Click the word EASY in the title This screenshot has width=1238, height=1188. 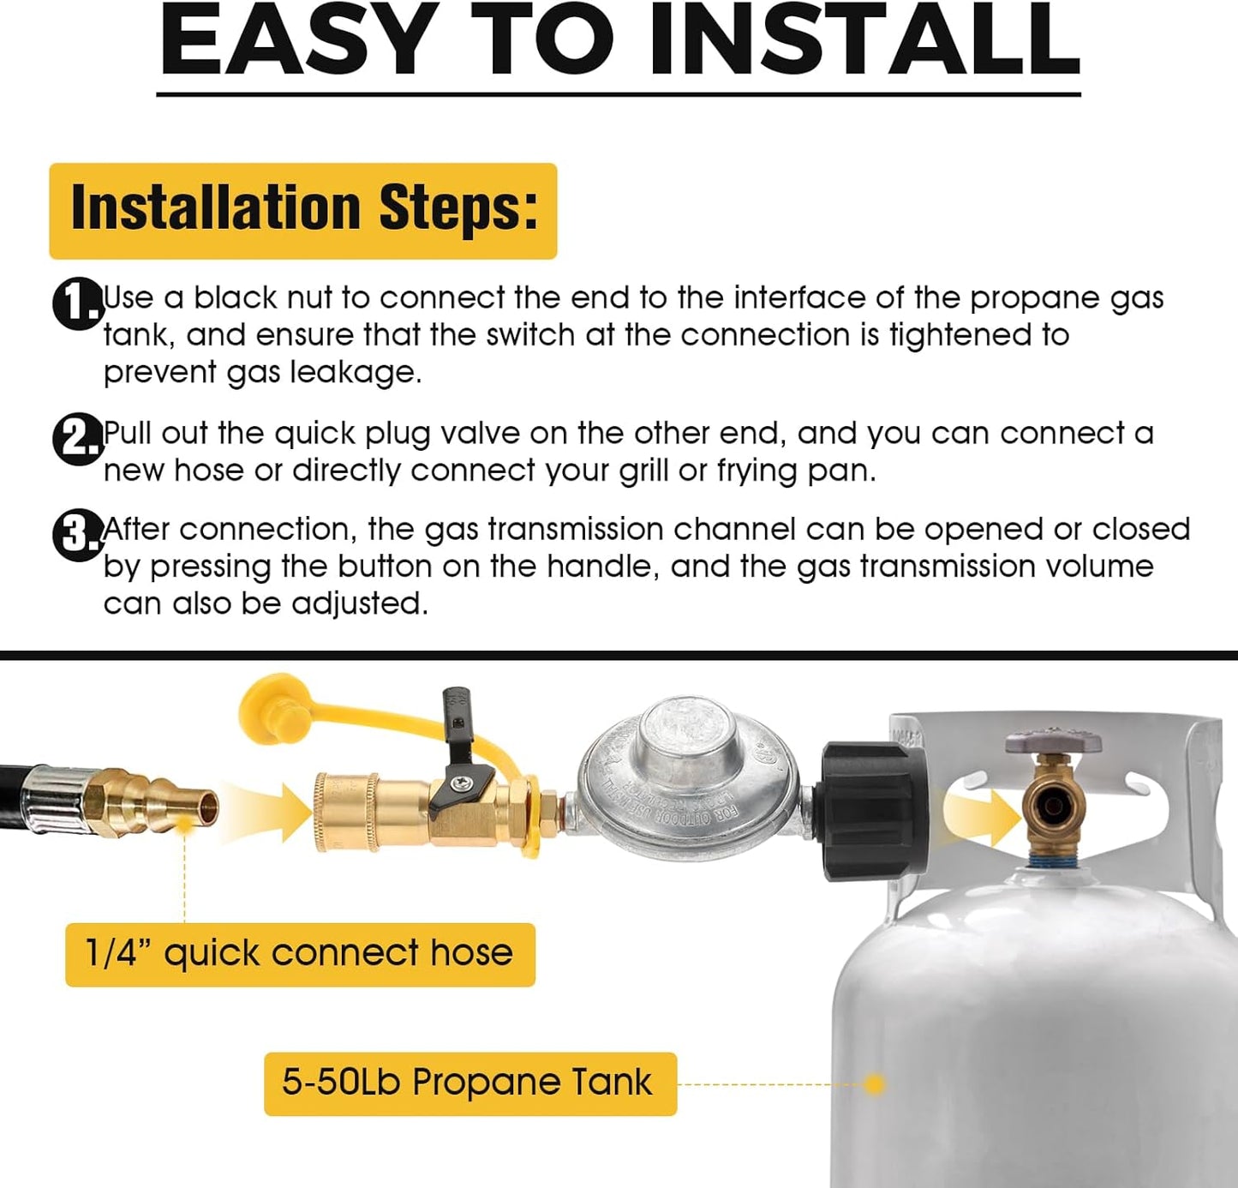coord(296,39)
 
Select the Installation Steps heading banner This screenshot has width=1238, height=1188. coord(303,211)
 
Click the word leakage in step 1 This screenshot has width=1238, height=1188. coord(356,373)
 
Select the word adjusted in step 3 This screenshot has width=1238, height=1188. coord(360,603)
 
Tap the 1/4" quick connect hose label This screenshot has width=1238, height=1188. coord(300,953)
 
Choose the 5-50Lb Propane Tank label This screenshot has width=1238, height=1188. coord(470,1084)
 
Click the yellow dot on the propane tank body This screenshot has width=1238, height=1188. coord(876,1084)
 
